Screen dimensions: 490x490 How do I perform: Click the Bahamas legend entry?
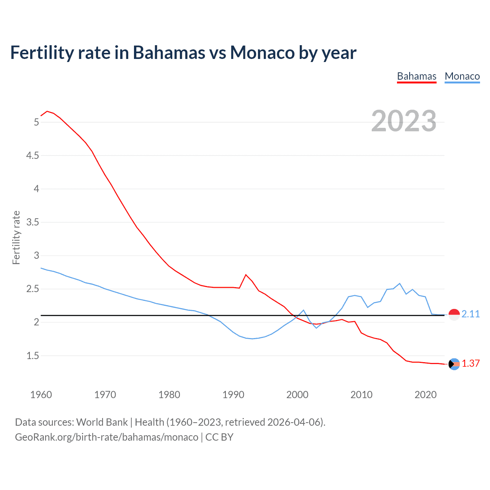[x=416, y=77]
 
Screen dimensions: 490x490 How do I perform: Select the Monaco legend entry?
[x=462, y=77]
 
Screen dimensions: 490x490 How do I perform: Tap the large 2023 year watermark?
[x=403, y=121]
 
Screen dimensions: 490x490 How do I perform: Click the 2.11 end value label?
[x=470, y=314]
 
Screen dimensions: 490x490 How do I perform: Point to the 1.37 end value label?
[x=470, y=364]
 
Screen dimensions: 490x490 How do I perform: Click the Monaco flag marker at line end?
[x=454, y=315]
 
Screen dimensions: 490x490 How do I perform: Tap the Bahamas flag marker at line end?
[x=454, y=364]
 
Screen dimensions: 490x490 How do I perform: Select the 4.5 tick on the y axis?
[x=33, y=155]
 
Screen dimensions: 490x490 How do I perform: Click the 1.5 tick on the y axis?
[x=33, y=356]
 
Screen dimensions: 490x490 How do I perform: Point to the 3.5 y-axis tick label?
[x=33, y=222]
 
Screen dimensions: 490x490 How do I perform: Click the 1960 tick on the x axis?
[x=41, y=395]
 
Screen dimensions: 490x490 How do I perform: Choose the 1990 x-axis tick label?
[x=233, y=395]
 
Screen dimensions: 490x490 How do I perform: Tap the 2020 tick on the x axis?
[x=425, y=395]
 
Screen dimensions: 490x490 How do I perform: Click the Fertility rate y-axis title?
[x=16, y=237]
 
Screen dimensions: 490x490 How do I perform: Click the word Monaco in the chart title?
[x=262, y=52]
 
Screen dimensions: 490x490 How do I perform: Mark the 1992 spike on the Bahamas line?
[x=246, y=274]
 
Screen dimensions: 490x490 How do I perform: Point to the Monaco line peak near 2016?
[x=400, y=283]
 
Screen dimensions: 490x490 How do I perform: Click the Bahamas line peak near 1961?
[x=47, y=111]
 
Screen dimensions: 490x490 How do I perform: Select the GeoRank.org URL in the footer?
[x=106, y=437]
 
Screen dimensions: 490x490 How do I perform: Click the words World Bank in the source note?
[x=102, y=422]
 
